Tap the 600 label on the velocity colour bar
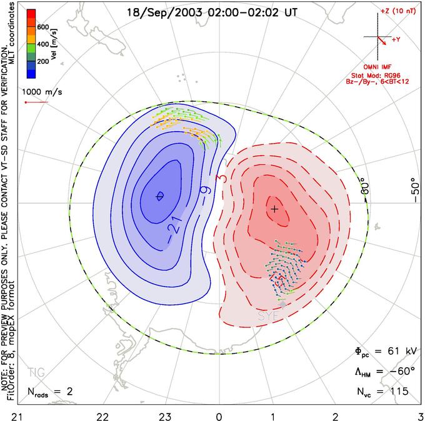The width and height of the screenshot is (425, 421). point(42,27)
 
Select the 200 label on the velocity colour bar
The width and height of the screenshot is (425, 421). point(42,62)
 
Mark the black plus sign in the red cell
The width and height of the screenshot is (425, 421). point(274,209)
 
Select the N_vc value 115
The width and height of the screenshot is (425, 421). point(396,392)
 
